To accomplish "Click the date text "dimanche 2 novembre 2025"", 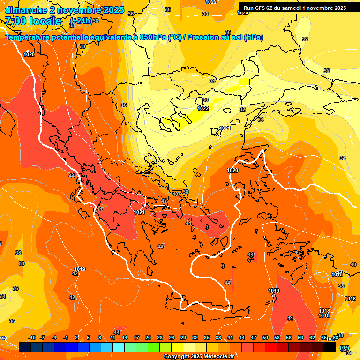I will point(64,10).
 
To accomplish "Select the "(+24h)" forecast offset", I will point(81,21).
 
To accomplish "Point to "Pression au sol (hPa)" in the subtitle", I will point(225,37).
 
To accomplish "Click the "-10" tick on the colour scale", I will point(32,337).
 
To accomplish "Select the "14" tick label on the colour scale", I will point(125,337).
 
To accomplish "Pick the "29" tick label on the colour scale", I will point(183,337).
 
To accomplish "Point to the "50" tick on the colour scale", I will point(265,337).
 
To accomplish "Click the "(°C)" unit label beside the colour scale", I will point(345,348).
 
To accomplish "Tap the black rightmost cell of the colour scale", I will point(330,347).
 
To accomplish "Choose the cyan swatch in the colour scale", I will point(119,347).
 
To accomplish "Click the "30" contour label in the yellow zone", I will point(205,100).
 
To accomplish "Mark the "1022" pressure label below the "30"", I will point(203,108).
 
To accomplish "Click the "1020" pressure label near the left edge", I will point(29,54).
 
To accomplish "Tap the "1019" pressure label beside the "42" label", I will point(80,269).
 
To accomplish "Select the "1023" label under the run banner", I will point(243,13).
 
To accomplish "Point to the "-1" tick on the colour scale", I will point(66,337).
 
